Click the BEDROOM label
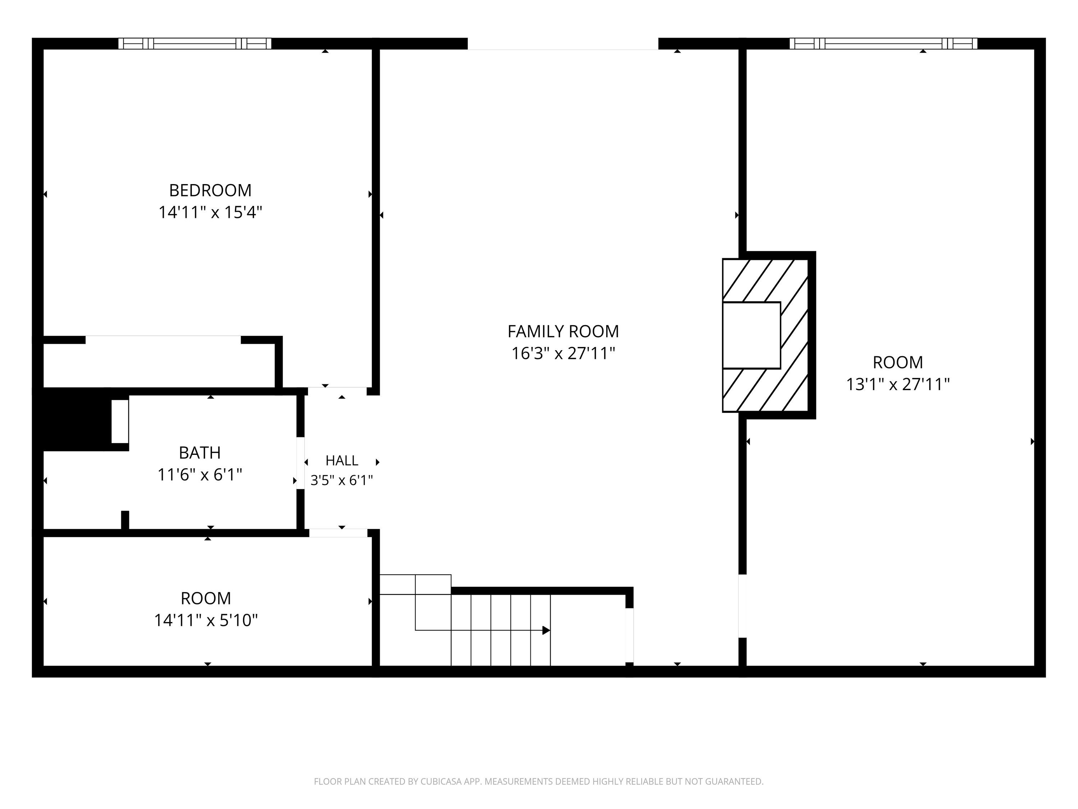tap(210, 190)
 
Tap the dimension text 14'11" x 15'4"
tap(210, 212)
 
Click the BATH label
tap(200, 453)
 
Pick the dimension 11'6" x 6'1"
tap(200, 475)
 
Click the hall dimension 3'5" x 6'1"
tap(342, 481)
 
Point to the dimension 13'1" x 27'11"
tap(898, 384)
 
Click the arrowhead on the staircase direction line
tap(546, 631)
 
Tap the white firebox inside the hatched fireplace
tap(751, 335)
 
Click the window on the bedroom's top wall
tap(195, 44)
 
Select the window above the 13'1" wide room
tap(884, 44)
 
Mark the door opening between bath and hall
tap(301, 463)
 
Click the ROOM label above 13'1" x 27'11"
tap(898, 362)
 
